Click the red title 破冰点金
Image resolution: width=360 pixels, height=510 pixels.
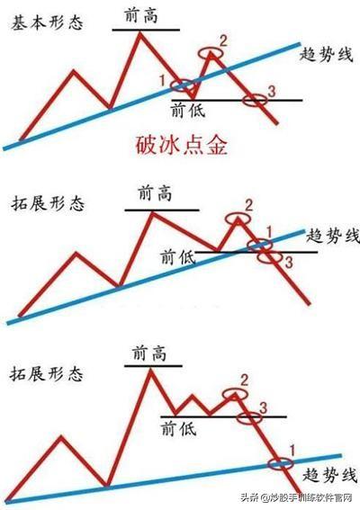(181, 145)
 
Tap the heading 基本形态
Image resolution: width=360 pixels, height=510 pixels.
(47, 23)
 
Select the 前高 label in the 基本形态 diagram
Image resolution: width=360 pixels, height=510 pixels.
(141, 15)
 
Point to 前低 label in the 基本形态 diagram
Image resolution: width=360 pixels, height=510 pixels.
(188, 110)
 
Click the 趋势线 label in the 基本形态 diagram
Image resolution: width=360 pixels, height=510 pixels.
(326, 54)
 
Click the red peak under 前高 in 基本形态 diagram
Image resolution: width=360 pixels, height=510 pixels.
(140, 33)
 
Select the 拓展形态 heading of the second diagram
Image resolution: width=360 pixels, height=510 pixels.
(48, 203)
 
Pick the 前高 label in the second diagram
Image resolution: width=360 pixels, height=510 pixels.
(155, 194)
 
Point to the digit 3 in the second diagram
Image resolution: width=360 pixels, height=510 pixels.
(289, 262)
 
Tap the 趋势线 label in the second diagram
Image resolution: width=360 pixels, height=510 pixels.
(333, 236)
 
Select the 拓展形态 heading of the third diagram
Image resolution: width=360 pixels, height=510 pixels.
(46, 373)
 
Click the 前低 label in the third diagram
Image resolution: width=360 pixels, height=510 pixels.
(179, 428)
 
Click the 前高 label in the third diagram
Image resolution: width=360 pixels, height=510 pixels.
(149, 353)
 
